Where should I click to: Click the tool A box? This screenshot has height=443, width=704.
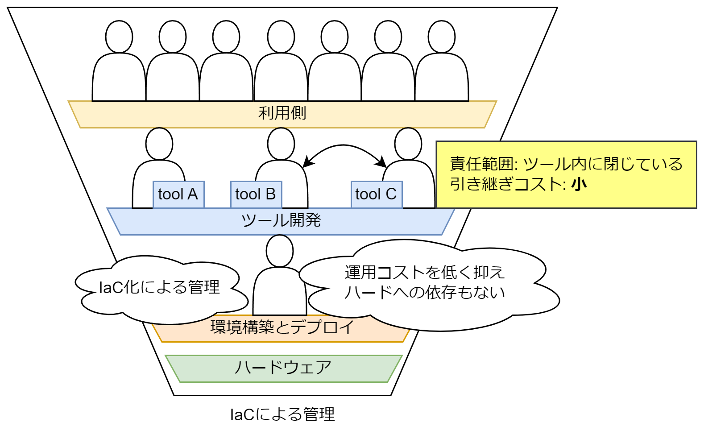point(178,195)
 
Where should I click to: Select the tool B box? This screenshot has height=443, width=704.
point(256,195)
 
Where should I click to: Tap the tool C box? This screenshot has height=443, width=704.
point(376,195)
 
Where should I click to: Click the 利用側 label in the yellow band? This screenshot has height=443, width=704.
point(282,113)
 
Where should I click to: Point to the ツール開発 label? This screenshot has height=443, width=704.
point(281,220)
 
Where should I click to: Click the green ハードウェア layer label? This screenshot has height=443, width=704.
point(283,368)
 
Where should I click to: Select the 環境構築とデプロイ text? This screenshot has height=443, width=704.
point(282,327)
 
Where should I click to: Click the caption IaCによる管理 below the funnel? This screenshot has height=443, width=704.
point(282,414)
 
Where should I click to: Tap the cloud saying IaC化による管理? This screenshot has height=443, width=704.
point(159,287)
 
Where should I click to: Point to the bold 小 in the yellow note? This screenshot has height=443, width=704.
point(579,184)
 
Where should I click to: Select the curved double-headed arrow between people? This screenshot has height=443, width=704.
point(343,146)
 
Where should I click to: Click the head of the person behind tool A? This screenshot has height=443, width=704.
point(159,144)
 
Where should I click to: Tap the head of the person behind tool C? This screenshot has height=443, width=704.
point(408,144)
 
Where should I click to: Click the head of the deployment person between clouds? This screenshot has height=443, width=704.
point(280,251)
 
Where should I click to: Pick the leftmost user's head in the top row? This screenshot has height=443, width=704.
point(119,37)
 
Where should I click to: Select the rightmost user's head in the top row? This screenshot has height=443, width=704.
point(442,37)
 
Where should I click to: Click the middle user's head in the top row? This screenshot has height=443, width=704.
point(281,37)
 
